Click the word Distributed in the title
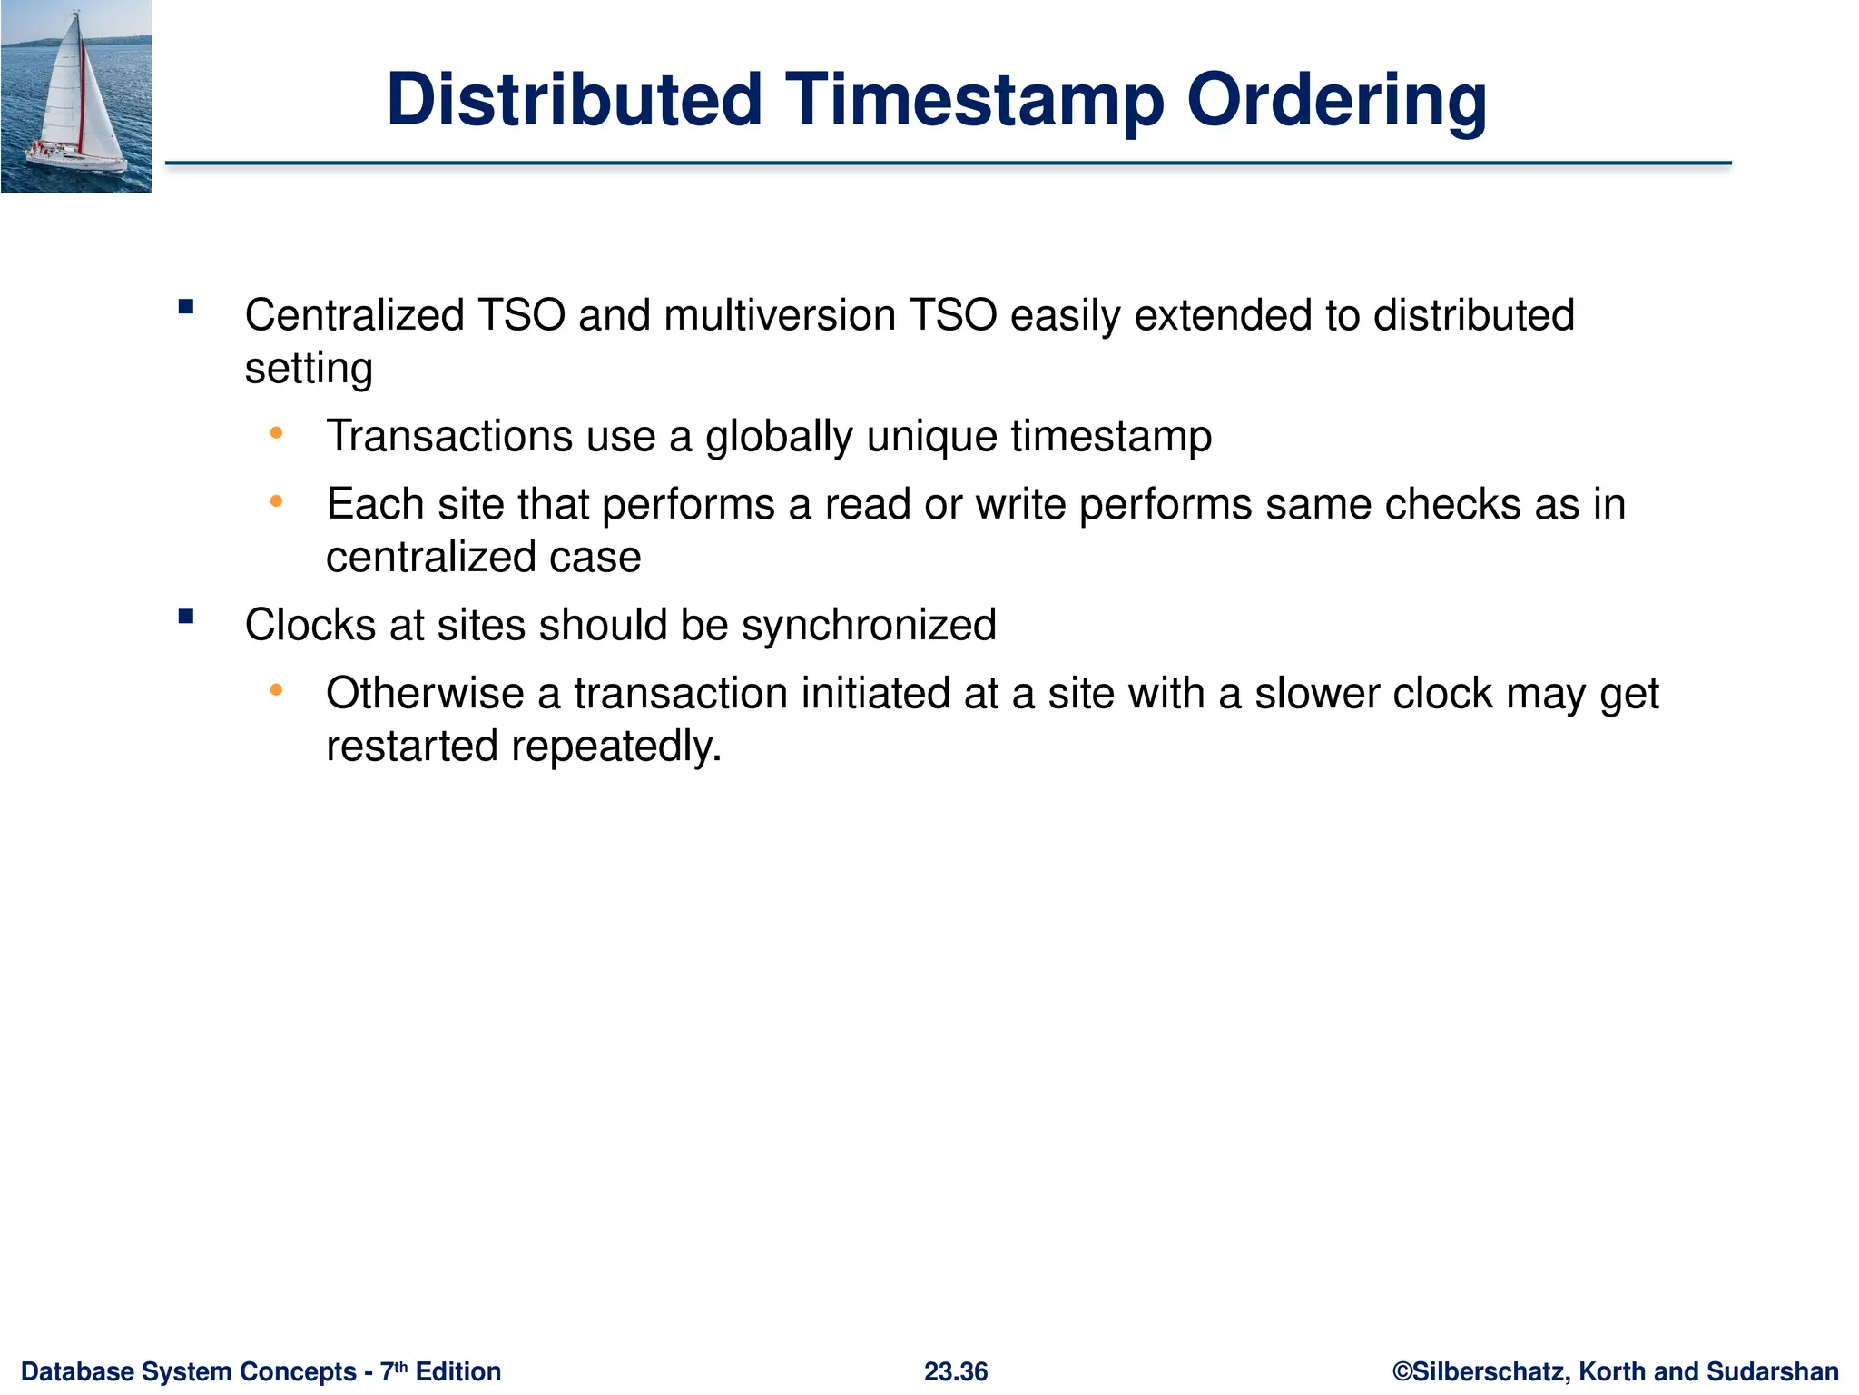coord(574,100)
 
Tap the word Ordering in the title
coord(1336,100)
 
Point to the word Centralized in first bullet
coord(354,316)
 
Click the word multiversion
coord(780,316)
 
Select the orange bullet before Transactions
coord(277,434)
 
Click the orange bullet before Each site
coord(277,501)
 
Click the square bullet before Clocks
coord(186,618)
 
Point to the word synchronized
coord(869,626)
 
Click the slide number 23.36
coord(955,1371)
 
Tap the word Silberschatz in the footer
coord(1489,1371)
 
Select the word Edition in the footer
coord(457,1371)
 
